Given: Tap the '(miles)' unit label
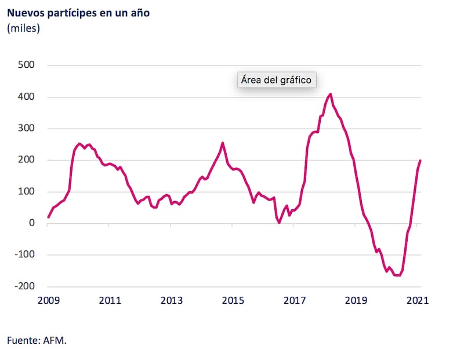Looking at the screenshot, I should [x=23, y=28].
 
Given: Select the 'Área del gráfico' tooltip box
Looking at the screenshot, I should [x=277, y=80].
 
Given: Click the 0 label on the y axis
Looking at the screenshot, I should [x=32, y=223].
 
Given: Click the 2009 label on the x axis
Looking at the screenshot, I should [x=48, y=300].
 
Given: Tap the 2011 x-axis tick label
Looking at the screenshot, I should [x=110, y=300].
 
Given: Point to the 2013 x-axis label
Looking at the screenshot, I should [x=171, y=300].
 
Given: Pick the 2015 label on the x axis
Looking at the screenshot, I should [x=233, y=300].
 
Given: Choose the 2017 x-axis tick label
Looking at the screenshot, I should [x=294, y=300].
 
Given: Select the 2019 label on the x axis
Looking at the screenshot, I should [x=356, y=300].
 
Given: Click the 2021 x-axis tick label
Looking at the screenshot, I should [x=417, y=300].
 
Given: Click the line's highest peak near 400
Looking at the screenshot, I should [x=330, y=94].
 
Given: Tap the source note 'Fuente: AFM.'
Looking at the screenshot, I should [x=37, y=340].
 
